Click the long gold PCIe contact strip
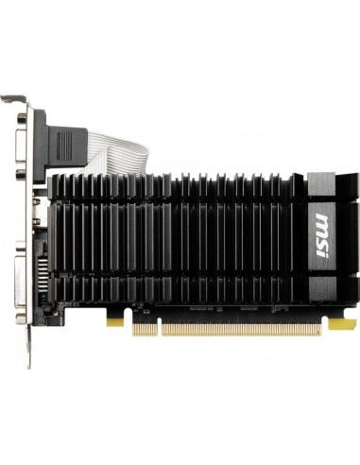pos(236,328)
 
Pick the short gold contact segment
pos(146,328)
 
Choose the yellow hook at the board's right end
pos(338,324)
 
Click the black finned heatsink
pos(180,236)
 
